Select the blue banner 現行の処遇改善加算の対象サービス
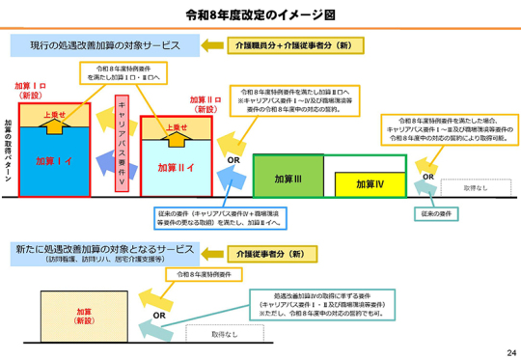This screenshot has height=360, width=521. tap(105, 45)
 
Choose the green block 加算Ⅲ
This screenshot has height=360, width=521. tap(288, 179)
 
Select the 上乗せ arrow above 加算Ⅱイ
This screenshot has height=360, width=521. tap(177, 127)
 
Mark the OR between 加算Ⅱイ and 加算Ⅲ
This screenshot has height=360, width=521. tap(233, 159)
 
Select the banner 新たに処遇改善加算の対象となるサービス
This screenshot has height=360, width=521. tap(105, 253)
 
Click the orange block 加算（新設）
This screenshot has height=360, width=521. tap(84, 316)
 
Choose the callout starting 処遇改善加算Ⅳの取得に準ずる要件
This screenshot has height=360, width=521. tap(317, 303)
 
